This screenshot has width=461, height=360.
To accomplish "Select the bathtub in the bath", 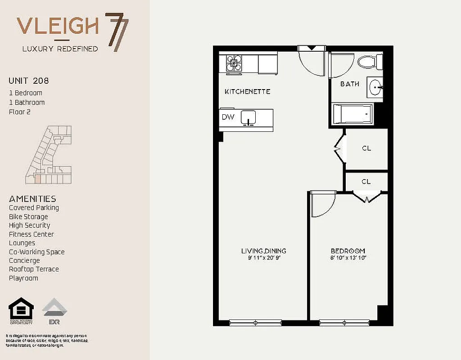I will [x=353, y=114].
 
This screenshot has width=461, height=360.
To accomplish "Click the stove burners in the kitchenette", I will [x=234, y=63].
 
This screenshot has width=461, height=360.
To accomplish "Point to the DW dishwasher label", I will [x=227, y=117].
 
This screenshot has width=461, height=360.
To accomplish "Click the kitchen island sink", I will [x=249, y=117].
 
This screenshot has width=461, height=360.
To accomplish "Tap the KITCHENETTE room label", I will [x=247, y=91].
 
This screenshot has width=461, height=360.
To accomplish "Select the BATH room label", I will [x=349, y=84].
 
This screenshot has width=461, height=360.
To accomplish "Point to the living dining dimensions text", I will [x=263, y=258].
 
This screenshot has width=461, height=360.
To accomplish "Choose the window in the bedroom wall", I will [x=344, y=322].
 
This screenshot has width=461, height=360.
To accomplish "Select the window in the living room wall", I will [x=255, y=322].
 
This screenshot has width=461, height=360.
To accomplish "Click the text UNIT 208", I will [x=29, y=81].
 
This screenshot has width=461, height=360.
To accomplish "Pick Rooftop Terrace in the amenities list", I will [x=34, y=269].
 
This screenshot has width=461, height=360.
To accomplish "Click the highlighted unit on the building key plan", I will [x=38, y=179].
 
